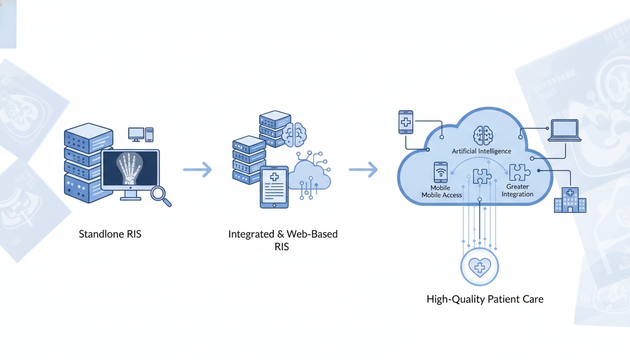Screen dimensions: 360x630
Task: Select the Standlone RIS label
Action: click(110, 234)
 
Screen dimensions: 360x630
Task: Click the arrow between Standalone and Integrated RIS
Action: click(197, 170)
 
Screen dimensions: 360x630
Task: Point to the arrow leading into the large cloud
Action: click(363, 170)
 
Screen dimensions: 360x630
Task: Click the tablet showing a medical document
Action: click(274, 186)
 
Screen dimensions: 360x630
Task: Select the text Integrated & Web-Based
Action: click(283, 234)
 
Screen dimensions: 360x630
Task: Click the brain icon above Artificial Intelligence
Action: click(483, 135)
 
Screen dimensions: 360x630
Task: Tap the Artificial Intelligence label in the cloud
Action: click(481, 151)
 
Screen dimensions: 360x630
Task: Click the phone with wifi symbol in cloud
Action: click(440, 172)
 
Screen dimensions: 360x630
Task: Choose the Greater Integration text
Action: click(517, 190)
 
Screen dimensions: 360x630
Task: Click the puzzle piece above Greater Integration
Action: click(519, 172)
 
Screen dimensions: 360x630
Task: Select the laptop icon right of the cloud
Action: click(564, 130)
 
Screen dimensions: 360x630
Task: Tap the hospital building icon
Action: click(570, 200)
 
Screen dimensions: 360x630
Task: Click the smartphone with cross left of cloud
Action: click(405, 122)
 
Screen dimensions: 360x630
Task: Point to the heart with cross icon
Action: click(479, 268)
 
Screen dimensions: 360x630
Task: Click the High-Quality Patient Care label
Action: click(485, 299)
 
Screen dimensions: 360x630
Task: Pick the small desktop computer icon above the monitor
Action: click(136, 134)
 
